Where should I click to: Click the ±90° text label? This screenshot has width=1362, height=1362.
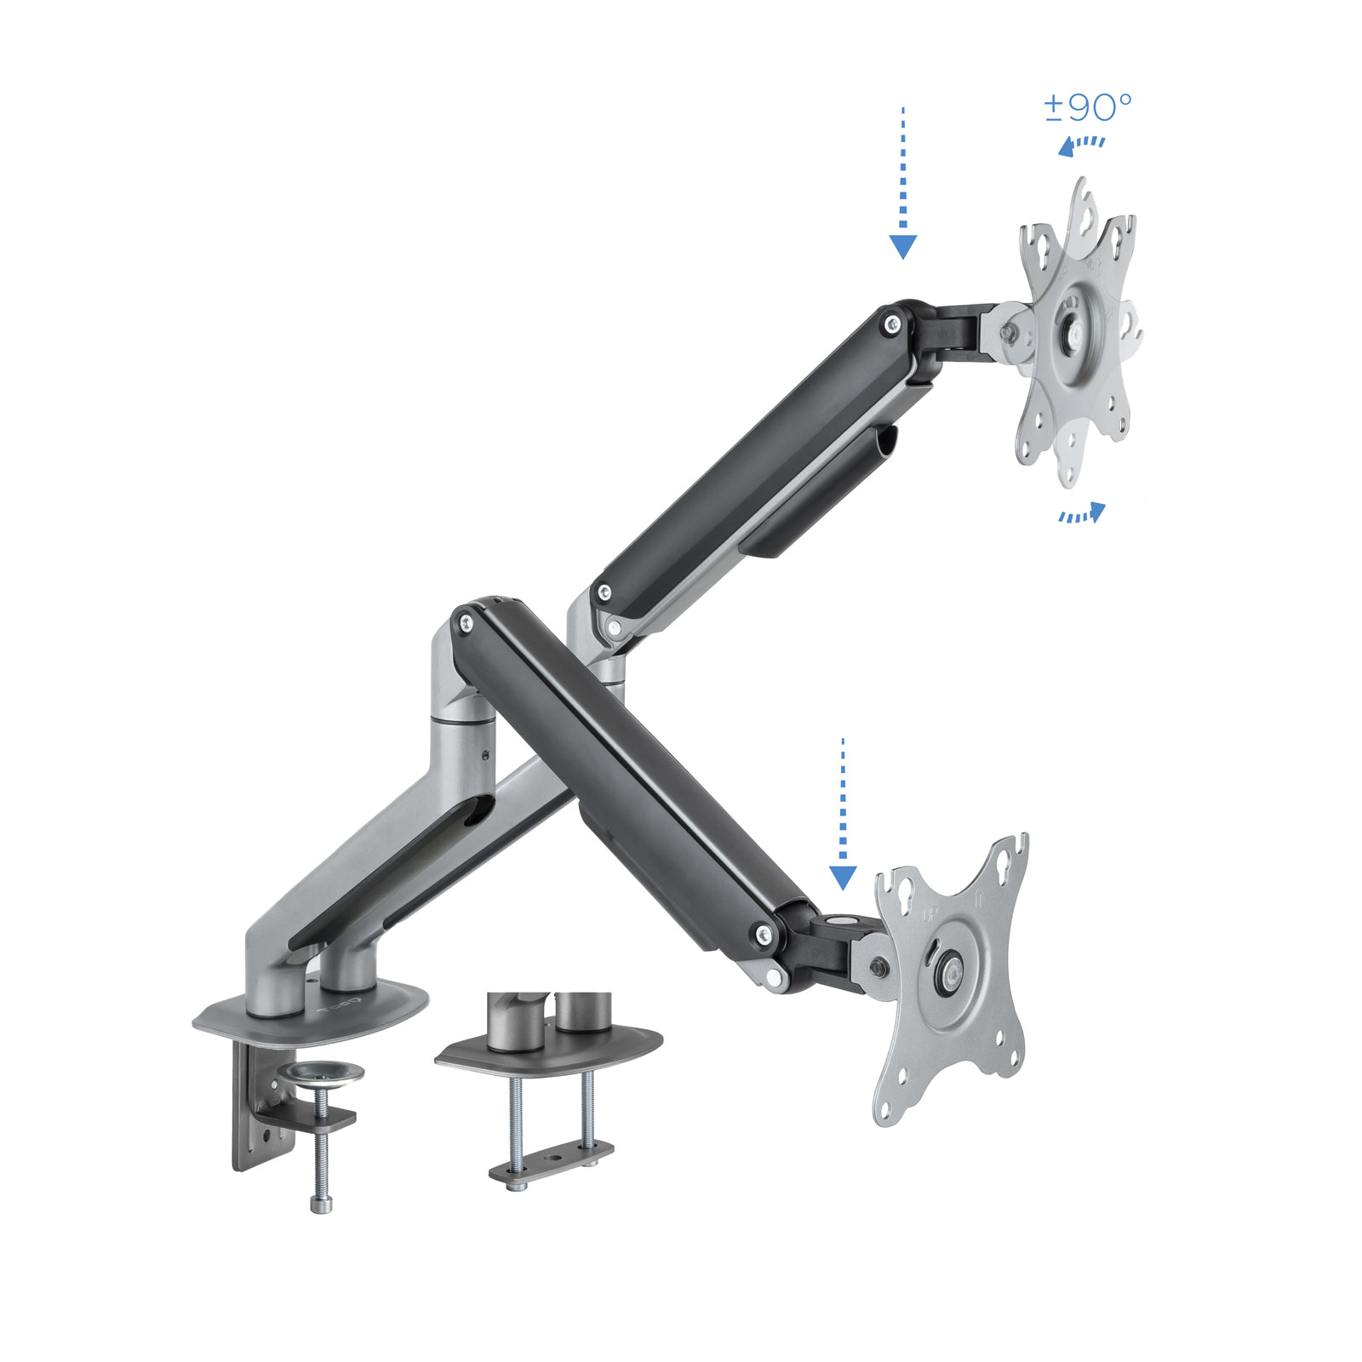click(1087, 107)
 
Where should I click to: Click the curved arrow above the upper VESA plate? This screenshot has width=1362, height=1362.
click(1081, 145)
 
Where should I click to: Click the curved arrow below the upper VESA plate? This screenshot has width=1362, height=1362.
click(1083, 513)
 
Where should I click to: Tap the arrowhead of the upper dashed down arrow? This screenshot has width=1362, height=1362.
click(902, 247)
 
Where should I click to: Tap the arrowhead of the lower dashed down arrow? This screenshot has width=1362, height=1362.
click(843, 877)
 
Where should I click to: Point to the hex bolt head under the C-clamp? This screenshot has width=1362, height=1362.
click(321, 1204)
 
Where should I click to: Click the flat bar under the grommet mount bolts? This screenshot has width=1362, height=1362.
click(550, 1163)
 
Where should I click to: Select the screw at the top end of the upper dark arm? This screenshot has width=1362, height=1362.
click(892, 323)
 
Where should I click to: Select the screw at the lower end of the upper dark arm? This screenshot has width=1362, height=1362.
click(604, 591)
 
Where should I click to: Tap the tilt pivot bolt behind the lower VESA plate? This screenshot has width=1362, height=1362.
click(877, 966)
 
